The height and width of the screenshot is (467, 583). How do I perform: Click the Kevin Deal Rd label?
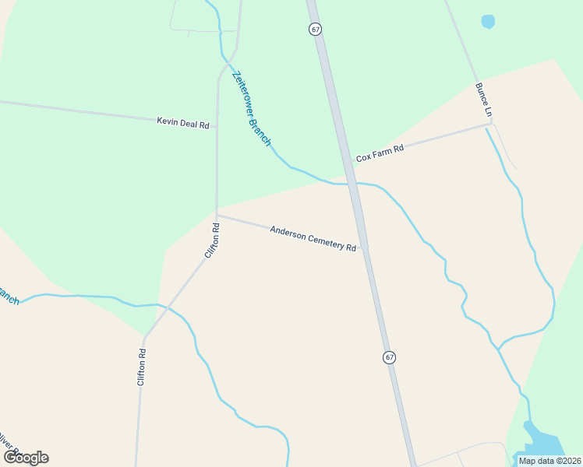point(183,122)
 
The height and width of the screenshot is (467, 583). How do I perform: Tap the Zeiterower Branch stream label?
point(251,106)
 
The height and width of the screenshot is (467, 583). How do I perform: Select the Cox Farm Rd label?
point(380,153)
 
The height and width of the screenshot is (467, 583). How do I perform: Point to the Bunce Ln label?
point(483,100)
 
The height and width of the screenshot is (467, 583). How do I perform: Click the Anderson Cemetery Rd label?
point(313,238)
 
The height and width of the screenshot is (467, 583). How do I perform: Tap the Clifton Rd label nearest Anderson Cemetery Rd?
point(212,241)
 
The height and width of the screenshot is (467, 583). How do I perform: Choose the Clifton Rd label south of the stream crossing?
point(142,367)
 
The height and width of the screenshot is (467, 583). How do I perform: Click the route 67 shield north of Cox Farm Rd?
point(315,29)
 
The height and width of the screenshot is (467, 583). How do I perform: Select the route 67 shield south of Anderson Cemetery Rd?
point(389,357)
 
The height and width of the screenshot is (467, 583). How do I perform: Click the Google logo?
point(26,457)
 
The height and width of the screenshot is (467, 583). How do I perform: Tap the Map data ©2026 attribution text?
point(549,460)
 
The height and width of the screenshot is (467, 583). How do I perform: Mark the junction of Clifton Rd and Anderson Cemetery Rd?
point(217,215)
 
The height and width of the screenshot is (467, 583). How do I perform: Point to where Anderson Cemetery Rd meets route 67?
point(364,249)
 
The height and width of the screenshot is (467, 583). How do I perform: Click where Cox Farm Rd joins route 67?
point(348,163)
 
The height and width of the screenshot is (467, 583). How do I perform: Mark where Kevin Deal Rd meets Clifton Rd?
point(217,124)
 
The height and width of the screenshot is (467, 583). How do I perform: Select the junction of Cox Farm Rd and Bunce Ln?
point(490,123)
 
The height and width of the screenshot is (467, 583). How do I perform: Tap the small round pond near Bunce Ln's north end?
point(488,22)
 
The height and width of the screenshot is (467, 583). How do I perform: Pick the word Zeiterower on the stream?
point(244,89)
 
